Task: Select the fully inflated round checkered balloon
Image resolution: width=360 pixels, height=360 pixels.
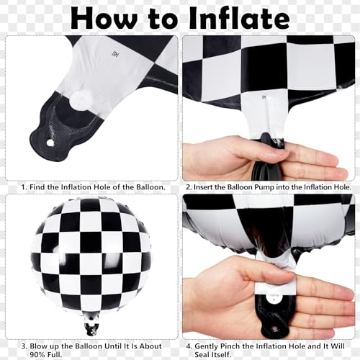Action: pos(91,256)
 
